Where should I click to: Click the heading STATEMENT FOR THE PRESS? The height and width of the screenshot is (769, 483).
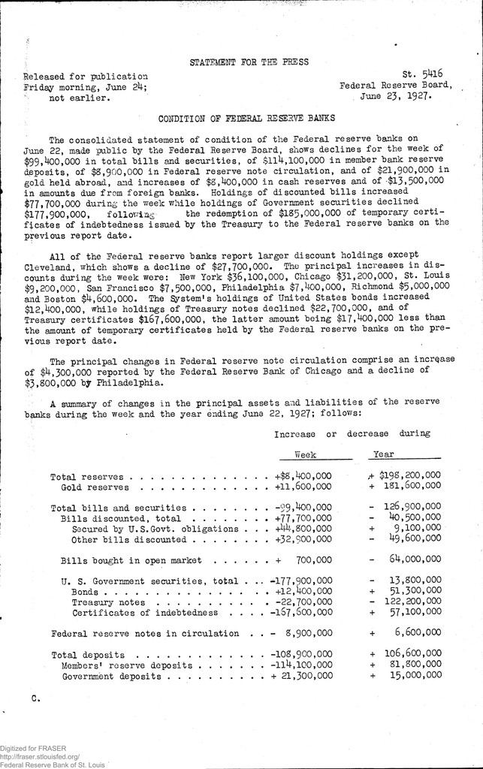(249, 62)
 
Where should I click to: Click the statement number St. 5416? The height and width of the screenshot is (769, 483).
(423, 74)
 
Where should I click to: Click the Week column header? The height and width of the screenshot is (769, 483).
(306, 454)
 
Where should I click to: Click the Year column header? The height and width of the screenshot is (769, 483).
(385, 454)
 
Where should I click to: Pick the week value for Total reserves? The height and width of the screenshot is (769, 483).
(303, 476)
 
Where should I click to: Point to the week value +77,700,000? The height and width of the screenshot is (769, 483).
(303, 518)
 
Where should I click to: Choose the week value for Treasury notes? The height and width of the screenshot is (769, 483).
(302, 602)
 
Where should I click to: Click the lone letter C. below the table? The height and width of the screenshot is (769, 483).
(35, 700)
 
